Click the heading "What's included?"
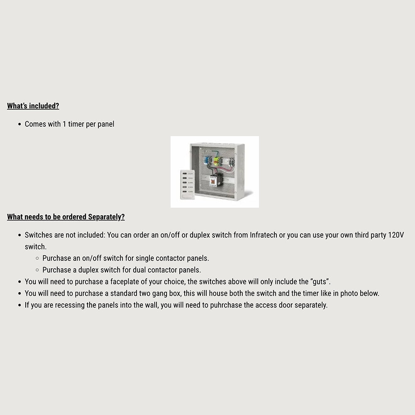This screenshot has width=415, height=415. [x=33, y=106]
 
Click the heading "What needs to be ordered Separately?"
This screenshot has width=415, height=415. [x=66, y=217]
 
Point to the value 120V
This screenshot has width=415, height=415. [x=395, y=235]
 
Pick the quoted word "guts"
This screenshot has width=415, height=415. [x=320, y=282]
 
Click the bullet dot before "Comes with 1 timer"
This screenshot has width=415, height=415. [x=20, y=124]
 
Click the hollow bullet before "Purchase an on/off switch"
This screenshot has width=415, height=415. [x=37, y=259]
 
